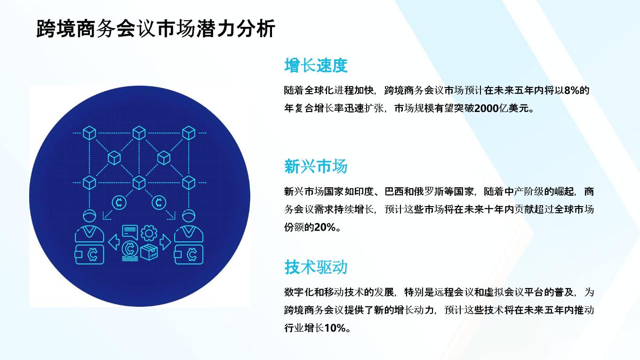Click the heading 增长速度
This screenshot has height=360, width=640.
point(316,65)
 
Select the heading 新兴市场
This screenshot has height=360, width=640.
point(316,166)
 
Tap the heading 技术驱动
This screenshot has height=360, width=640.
point(316,267)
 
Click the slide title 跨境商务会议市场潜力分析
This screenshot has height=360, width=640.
point(156,28)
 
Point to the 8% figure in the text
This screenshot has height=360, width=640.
point(571,90)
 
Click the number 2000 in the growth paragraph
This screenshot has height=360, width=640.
point(486,108)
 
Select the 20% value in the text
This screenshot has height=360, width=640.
point(325,227)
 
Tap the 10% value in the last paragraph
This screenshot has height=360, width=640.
point(335,328)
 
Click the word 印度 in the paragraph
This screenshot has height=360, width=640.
point(364,192)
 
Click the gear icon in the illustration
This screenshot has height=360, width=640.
point(149,233)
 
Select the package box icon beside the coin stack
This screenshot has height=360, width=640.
point(149,252)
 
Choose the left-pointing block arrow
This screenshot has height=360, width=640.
point(114,242)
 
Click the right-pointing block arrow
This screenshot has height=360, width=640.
point(166,242)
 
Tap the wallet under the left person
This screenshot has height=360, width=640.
point(89,254)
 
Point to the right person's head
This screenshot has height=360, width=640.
point(189,216)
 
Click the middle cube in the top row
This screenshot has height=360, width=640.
point(139,133)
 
